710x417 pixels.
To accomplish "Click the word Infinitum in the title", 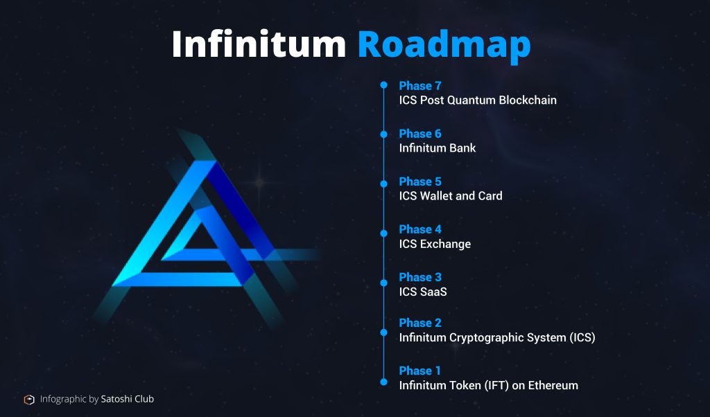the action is point(259,44).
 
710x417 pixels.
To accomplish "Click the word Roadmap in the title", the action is point(444,46).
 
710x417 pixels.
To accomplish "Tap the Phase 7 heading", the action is point(419,85).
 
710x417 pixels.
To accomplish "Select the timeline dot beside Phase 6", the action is point(383,134).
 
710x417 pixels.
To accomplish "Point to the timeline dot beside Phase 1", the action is point(383,382).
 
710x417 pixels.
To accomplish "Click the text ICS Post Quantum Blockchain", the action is point(478,100).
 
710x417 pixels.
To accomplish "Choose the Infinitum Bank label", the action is point(438,148).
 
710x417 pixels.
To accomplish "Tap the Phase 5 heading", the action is point(419,181).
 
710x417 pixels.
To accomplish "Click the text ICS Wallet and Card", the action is point(451,196).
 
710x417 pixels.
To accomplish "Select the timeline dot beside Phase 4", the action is point(383,233).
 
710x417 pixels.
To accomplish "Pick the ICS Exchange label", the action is point(435,244).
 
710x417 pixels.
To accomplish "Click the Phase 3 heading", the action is point(419,277).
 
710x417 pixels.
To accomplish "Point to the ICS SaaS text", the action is point(423,292).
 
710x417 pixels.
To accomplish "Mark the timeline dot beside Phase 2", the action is point(383,332).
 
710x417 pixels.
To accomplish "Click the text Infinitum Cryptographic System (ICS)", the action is point(497,337).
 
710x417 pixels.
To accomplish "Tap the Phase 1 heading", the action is point(419,371).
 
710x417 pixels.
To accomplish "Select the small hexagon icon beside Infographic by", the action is point(29,400).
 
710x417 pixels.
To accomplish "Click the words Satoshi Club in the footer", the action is point(128,399).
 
